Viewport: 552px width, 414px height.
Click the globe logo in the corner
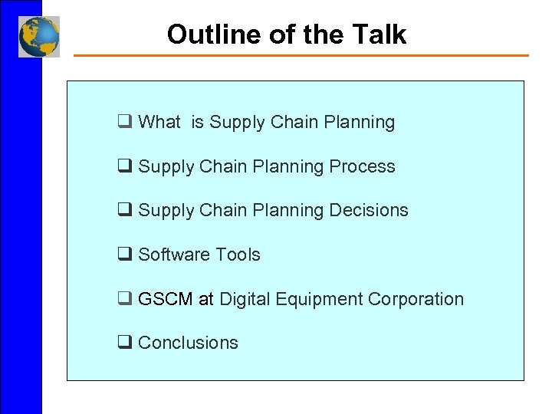[39, 36]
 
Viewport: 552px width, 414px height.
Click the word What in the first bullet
[159, 122]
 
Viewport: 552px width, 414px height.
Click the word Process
[363, 166]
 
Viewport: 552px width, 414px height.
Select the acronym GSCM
[166, 299]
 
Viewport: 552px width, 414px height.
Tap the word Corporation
[416, 299]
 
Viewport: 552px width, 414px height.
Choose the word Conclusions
[188, 343]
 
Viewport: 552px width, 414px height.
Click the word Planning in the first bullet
[360, 122]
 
